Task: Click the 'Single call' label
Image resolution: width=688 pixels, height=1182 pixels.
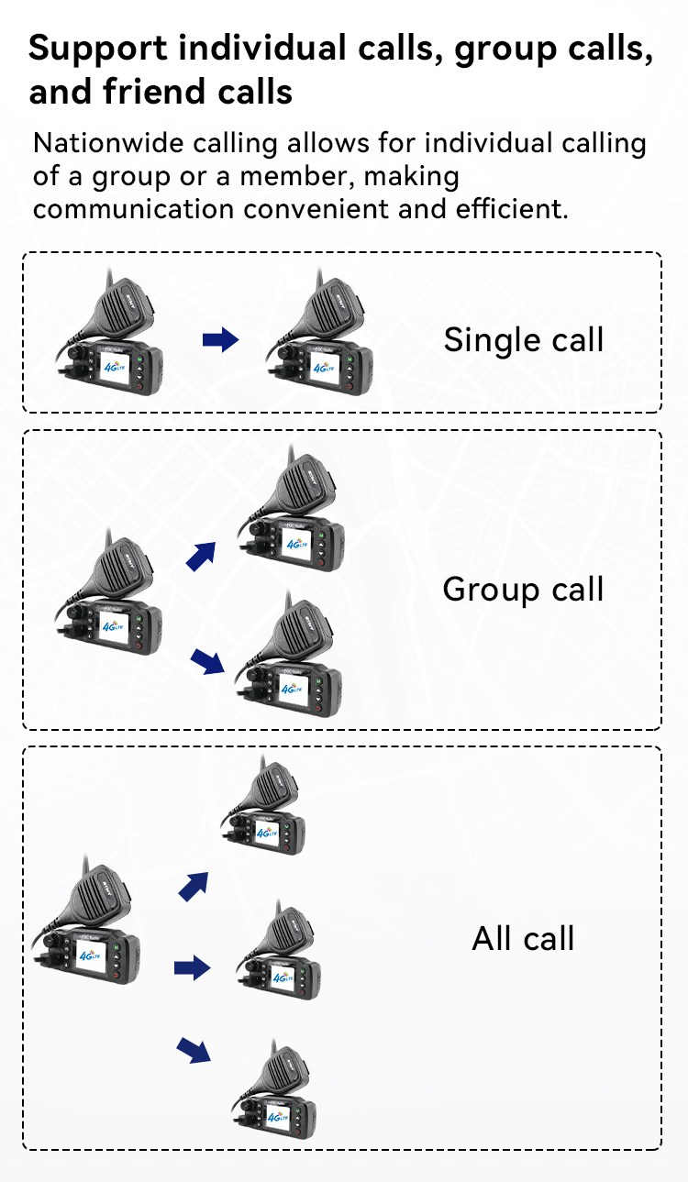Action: point(523,339)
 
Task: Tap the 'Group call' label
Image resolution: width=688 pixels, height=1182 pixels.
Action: point(523,590)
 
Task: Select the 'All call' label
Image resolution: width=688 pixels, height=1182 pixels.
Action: point(523,938)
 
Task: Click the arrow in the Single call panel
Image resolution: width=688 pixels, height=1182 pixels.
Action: point(221,340)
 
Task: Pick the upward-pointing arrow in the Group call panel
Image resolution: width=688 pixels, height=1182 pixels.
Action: point(201,557)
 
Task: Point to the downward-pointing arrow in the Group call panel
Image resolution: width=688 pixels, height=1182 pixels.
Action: point(207,661)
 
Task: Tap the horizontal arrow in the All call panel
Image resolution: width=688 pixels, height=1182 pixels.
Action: point(193,967)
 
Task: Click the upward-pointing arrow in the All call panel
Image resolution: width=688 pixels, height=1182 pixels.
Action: point(194,887)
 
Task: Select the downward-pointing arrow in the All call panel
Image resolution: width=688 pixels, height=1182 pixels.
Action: point(194,1050)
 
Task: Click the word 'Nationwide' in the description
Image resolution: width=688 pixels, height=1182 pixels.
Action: point(108,143)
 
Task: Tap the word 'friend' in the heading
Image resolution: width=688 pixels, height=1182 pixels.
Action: point(153,92)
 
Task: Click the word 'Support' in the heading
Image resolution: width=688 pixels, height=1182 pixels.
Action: point(98,50)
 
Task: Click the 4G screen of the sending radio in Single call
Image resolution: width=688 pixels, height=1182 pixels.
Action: point(115,366)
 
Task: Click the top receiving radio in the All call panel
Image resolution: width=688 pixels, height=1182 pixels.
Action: point(263,806)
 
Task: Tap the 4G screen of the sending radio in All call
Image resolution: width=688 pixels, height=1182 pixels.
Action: point(91,956)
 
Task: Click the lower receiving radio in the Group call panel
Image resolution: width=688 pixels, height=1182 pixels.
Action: point(289,655)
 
